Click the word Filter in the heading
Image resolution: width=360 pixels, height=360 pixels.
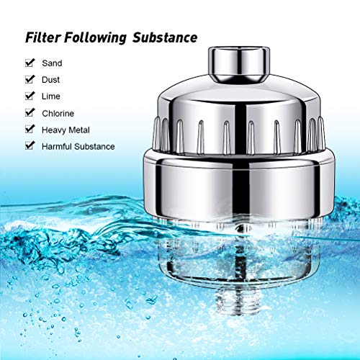(43, 37)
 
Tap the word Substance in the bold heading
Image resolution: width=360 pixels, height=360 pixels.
(165, 37)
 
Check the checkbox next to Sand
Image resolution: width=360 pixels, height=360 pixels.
(30, 63)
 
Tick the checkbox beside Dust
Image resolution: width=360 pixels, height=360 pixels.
(30, 79)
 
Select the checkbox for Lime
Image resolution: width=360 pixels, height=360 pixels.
(30, 96)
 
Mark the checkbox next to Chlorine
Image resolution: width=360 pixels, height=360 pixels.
(30, 113)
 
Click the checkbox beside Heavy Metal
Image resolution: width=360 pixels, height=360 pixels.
(30, 130)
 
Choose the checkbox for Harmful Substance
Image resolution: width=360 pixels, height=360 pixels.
(30, 146)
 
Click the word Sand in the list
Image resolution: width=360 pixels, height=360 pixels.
(52, 63)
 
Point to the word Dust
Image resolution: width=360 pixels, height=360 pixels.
(50, 80)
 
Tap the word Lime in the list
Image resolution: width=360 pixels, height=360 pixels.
(51, 96)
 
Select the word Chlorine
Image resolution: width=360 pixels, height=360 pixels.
(58, 114)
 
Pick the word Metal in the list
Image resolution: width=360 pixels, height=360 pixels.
(79, 130)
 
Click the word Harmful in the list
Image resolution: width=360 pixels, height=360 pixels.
(57, 147)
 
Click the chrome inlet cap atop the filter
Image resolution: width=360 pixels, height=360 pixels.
(239, 64)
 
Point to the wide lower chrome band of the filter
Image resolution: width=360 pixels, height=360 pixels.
(239, 186)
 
